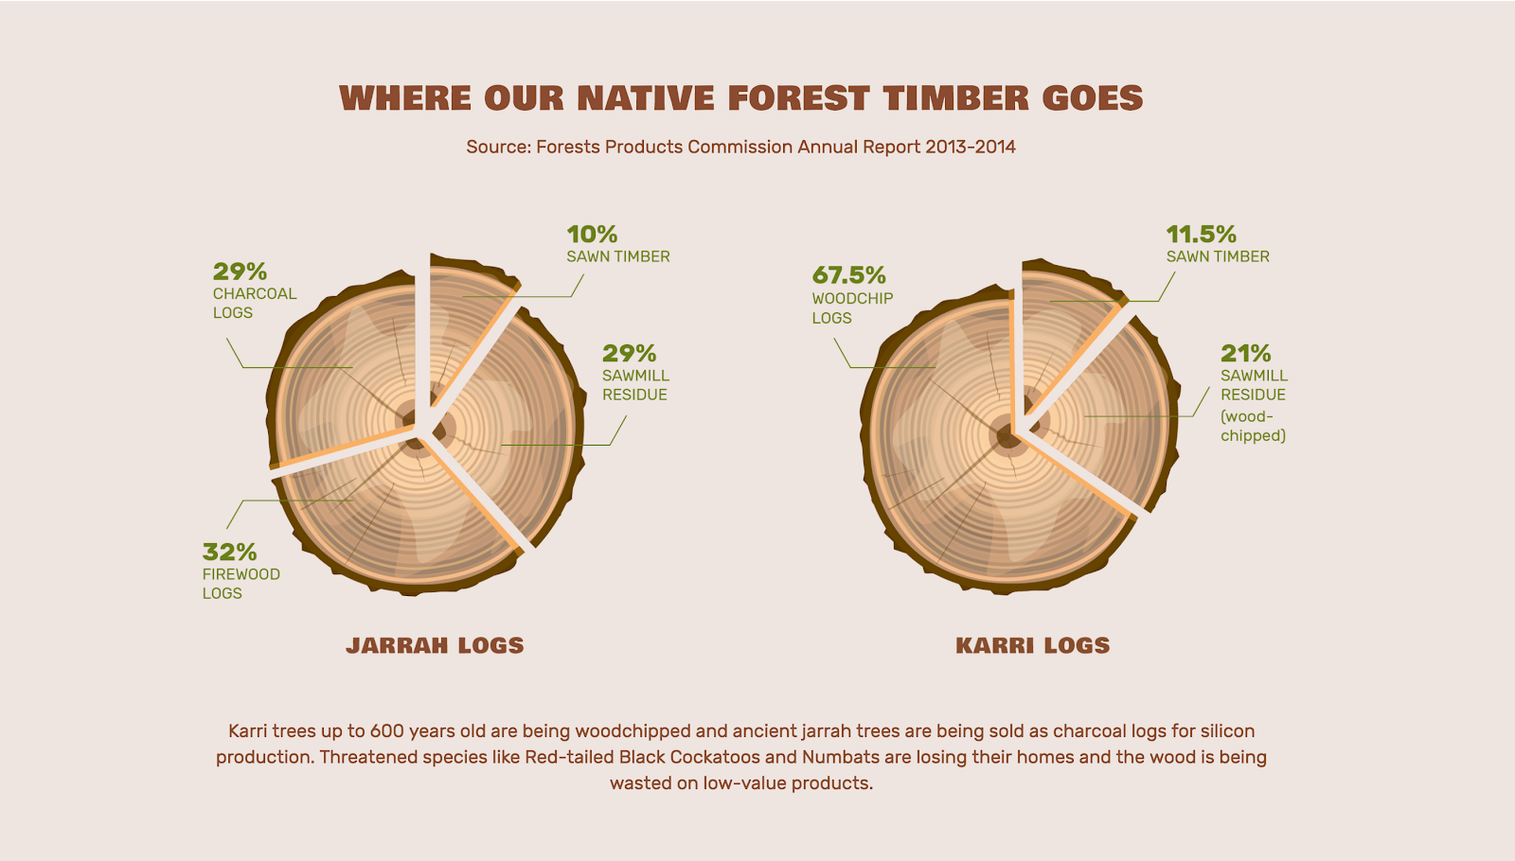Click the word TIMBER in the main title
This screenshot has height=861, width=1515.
[955, 98]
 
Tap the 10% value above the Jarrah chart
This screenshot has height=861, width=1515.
[592, 235]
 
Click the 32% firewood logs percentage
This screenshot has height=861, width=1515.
[229, 553]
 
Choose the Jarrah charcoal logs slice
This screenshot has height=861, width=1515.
[345, 368]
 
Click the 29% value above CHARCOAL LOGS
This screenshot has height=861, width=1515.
[240, 272]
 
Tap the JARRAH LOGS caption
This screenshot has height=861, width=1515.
[435, 645]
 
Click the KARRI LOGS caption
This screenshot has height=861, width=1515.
[1033, 645]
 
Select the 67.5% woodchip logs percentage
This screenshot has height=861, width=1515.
[848, 275]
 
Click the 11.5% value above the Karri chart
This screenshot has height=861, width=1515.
[1202, 235]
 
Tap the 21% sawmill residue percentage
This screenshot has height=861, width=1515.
[1246, 354]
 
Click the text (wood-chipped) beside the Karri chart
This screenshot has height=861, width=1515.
[1254, 426]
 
